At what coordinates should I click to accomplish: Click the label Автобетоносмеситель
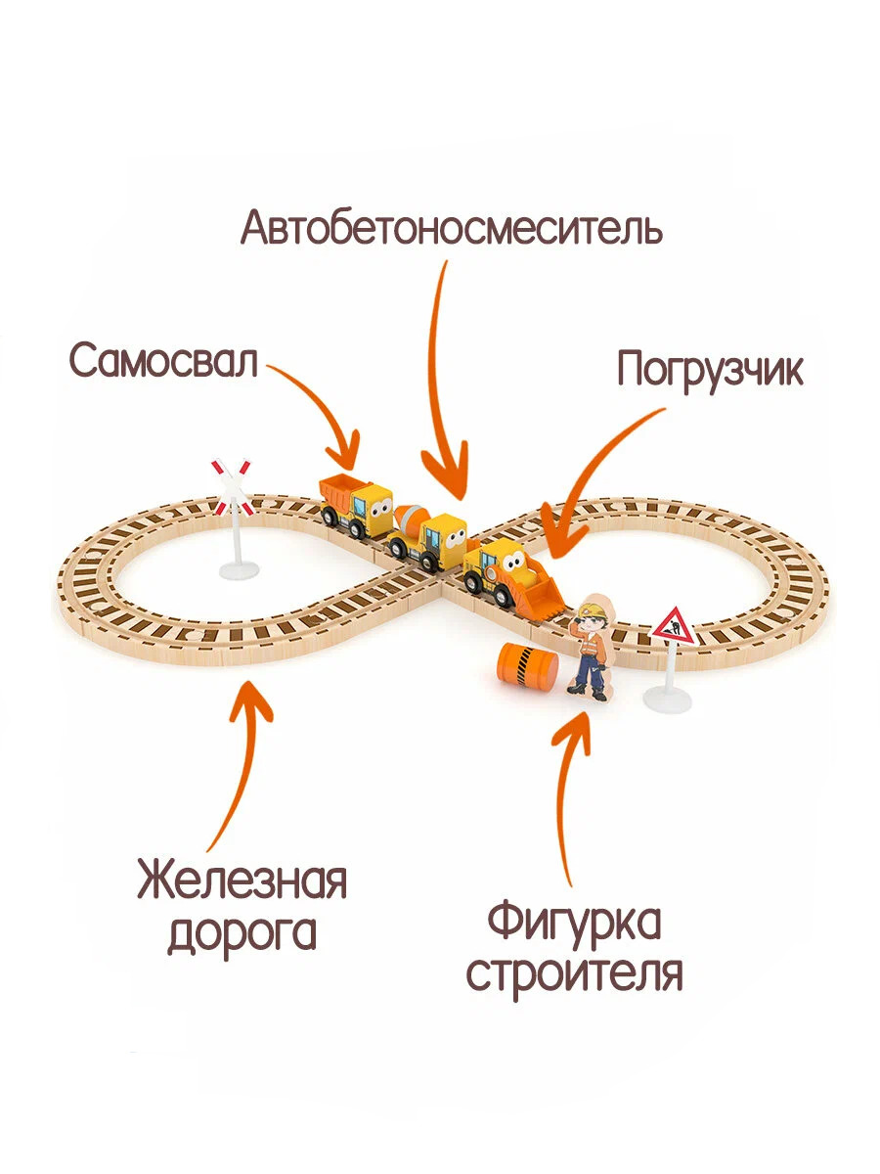[452, 227]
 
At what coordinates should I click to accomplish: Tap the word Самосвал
[163, 360]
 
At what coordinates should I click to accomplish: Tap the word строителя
[575, 974]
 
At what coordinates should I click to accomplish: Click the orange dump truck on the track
[355, 505]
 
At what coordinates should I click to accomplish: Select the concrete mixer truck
[426, 536]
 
